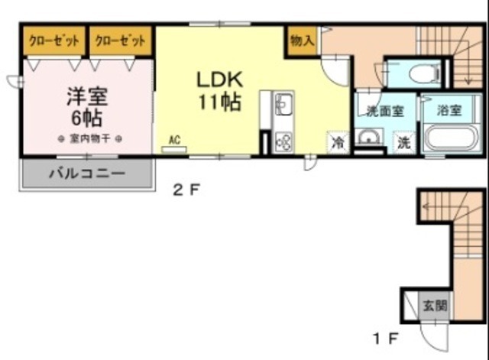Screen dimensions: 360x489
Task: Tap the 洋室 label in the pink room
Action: (x=86, y=97)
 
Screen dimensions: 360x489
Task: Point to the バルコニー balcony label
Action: (x=86, y=174)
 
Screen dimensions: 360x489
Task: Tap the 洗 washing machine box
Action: (x=403, y=141)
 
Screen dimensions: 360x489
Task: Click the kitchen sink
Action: (x=282, y=104)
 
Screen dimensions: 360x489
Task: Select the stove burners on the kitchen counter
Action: (x=282, y=141)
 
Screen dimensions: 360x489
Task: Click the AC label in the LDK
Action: (x=174, y=139)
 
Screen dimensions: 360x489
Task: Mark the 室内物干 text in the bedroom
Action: (x=91, y=138)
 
